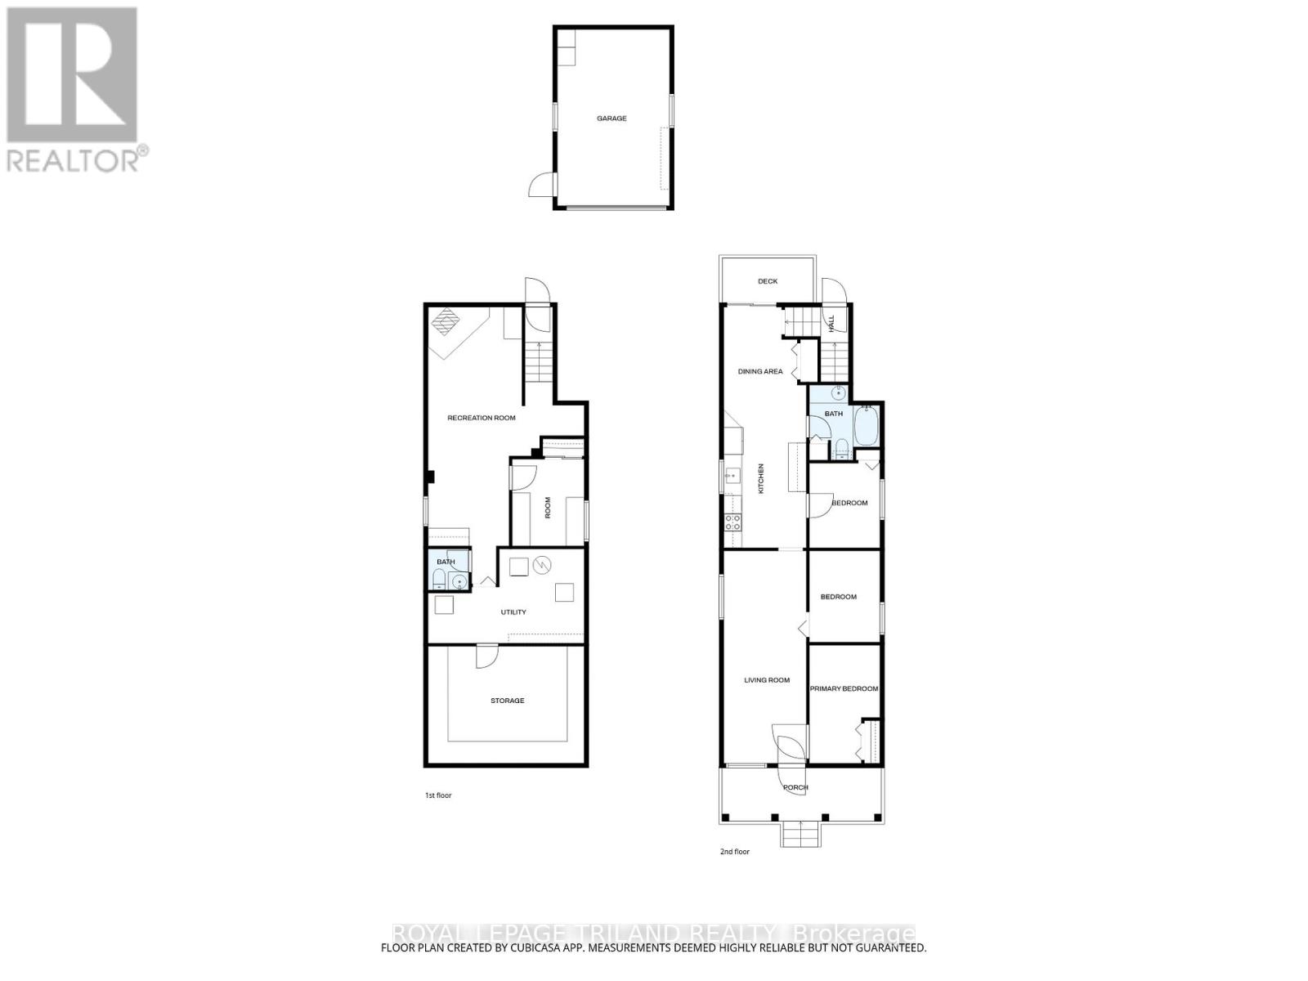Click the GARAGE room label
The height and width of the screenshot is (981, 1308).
click(x=611, y=119)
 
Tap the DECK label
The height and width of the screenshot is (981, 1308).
click(x=768, y=281)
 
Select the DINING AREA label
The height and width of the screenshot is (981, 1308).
click(x=760, y=371)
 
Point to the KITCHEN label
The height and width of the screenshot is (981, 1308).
click(x=761, y=478)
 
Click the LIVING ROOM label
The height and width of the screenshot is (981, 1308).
click(x=767, y=679)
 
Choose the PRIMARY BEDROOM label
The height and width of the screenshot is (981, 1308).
click(x=844, y=688)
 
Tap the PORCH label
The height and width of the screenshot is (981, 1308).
click(x=795, y=787)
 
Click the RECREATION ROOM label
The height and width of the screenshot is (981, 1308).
click(x=482, y=418)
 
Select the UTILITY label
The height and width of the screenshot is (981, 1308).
click(x=513, y=612)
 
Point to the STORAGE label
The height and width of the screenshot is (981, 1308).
click(x=507, y=701)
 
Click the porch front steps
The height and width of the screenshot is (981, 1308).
click(x=800, y=835)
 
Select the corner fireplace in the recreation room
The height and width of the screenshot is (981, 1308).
click(x=446, y=322)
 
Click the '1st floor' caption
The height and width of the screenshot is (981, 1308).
click(x=437, y=795)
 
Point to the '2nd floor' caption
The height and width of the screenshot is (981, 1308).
click(x=734, y=852)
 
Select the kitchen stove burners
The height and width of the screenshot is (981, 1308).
click(x=732, y=522)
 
